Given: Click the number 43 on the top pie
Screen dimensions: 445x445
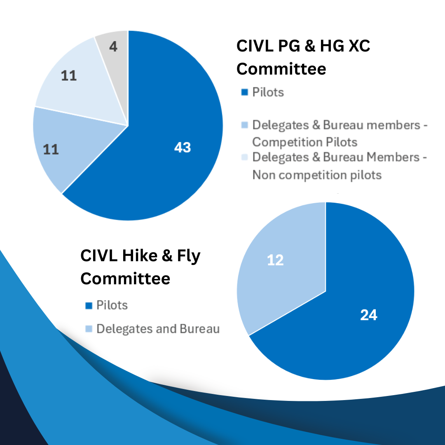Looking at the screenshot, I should [183, 148].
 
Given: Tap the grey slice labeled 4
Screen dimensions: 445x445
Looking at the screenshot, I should [113, 47].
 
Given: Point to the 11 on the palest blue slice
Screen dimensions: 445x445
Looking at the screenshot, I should [69, 76].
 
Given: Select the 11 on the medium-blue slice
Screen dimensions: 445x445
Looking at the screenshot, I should [51, 149].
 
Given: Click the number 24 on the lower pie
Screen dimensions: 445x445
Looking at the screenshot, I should [368, 315].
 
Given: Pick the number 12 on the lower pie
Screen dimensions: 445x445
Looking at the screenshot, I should [275, 260].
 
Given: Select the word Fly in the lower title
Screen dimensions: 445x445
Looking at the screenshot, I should [187, 256].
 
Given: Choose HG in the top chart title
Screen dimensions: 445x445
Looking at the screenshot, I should [326, 46].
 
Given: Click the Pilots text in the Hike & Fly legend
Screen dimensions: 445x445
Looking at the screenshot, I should [112, 305].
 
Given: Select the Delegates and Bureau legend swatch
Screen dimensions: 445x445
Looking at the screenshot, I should [88, 329].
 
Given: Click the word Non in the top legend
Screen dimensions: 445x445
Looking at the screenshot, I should [264, 175].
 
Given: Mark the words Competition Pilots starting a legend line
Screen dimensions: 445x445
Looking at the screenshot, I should [304, 142].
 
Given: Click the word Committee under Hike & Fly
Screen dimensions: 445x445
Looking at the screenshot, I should [125, 279].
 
